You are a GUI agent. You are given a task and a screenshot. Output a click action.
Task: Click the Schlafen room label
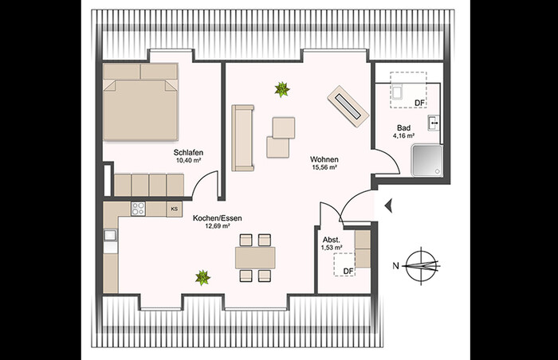coord(188,153)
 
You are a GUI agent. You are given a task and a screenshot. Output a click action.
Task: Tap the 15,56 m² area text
coord(324,167)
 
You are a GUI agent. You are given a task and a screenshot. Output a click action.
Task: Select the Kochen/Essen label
coord(217,218)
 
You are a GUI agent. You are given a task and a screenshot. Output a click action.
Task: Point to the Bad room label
coord(403,128)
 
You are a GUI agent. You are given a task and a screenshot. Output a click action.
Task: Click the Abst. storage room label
coord(332,240)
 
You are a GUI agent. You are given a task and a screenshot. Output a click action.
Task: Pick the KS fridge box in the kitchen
coord(175,209)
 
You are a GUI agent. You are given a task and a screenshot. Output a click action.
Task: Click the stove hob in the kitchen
coord(138,209)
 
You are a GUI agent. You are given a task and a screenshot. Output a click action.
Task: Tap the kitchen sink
coord(110,235)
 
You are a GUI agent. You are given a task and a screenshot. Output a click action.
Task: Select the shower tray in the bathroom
coord(427,160)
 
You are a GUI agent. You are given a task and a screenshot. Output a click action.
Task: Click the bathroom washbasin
coord(434,123)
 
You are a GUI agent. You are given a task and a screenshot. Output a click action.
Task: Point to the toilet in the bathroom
coord(397,90)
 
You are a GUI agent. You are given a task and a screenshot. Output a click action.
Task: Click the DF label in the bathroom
coord(419,103)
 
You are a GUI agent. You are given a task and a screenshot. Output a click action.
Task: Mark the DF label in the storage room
coord(348,271)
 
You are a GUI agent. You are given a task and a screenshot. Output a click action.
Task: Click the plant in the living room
coord(282,89)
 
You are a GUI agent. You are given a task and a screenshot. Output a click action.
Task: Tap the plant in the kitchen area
coord(202,277)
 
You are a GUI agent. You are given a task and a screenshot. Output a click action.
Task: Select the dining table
coord(255,258)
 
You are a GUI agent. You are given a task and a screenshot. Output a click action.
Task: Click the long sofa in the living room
coord(242,138)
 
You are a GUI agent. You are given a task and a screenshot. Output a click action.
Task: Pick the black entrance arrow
coord(389,205)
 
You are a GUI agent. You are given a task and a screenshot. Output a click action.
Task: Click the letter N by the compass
coord(395,265)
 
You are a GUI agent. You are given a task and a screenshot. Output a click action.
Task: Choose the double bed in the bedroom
coord(140,101)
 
